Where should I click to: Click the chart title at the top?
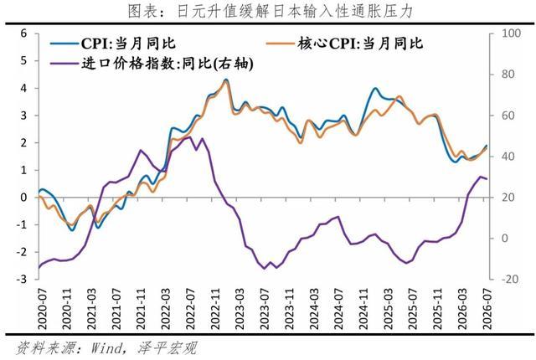[x=270, y=11]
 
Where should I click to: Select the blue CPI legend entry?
[x=113, y=44]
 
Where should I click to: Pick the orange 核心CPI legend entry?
[x=344, y=44]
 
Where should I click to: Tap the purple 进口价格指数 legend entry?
[x=152, y=64]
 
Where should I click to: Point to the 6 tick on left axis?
[x=23, y=33]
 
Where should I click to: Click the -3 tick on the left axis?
[x=21, y=280]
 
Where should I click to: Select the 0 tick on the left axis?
[x=23, y=198]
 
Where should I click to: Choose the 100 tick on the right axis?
[x=511, y=33]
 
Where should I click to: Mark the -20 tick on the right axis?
[x=510, y=280]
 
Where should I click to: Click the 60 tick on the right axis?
[x=508, y=116]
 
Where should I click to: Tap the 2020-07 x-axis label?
[x=43, y=308]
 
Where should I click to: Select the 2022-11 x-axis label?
[x=216, y=308]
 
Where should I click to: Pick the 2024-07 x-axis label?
[x=338, y=308]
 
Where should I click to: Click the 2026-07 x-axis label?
[x=487, y=308]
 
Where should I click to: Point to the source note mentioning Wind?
[x=106, y=348]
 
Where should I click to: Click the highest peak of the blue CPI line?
[x=225, y=80]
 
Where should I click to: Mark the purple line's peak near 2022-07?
[x=190, y=137]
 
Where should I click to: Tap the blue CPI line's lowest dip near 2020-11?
[x=72, y=230]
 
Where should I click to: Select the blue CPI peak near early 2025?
[x=375, y=88]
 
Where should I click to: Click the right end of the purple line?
[x=487, y=178]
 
